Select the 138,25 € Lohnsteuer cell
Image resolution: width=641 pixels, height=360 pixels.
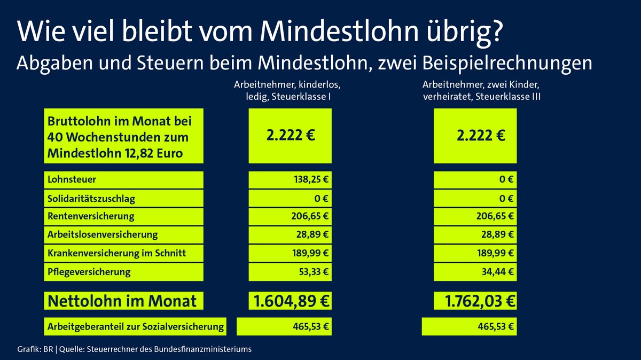click(307, 180)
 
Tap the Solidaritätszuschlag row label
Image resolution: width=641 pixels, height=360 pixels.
click(91, 199)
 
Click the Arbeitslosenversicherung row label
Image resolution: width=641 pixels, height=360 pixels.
click(103, 235)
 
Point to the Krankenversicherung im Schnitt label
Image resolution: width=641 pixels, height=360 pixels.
click(117, 253)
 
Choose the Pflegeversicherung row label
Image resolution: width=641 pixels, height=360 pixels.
click(89, 272)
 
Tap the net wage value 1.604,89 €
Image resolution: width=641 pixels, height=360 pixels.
click(291, 301)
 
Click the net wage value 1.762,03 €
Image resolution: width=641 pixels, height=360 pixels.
click(475, 301)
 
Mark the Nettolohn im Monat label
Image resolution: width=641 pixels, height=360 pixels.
click(122, 301)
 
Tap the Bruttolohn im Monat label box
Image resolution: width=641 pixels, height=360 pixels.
click(122, 136)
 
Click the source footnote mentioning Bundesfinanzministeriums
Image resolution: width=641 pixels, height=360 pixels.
click(134, 350)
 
